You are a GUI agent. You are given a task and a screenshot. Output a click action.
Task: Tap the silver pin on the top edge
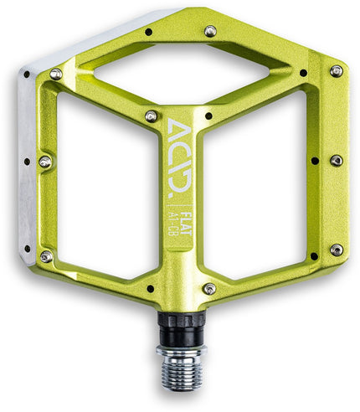[x=210, y=31]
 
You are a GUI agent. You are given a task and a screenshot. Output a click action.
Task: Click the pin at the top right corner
[x=336, y=71]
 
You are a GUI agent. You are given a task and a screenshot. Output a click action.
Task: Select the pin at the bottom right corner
[x=336, y=250]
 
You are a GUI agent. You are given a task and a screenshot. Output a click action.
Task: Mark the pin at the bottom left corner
[x=47, y=256]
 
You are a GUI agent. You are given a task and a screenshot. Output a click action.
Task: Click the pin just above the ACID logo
[x=152, y=116]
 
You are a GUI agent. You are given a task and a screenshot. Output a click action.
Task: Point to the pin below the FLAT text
[x=208, y=288]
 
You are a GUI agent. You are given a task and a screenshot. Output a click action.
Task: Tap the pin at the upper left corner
[x=56, y=74]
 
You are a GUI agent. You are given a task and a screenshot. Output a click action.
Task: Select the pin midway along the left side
[x=45, y=161]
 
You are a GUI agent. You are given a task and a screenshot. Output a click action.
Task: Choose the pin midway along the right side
[x=336, y=160]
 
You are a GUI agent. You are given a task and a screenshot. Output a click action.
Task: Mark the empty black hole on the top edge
[x=148, y=32]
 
